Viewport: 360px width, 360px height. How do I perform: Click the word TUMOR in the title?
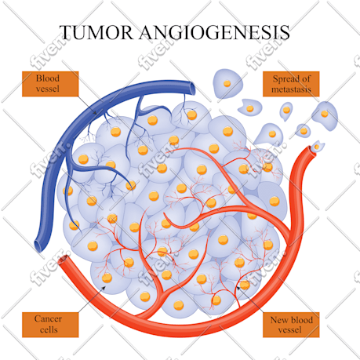click(96, 32)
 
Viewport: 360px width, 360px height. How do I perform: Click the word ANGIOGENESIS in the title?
click(214, 32)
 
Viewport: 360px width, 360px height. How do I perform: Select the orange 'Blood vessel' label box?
click(50, 84)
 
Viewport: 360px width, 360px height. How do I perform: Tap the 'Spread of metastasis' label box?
click(291, 84)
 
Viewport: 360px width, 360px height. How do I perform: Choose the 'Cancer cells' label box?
click(50, 325)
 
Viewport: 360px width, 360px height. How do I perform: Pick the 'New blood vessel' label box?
click(291, 325)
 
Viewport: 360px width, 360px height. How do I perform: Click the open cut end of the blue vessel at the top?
click(193, 89)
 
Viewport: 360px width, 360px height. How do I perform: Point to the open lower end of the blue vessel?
click(38, 246)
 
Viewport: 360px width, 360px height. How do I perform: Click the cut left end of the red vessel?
click(64, 260)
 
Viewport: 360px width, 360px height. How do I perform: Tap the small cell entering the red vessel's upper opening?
click(317, 147)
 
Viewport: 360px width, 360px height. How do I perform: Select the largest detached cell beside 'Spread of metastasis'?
click(227, 84)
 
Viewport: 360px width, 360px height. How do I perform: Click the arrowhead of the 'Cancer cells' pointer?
click(104, 288)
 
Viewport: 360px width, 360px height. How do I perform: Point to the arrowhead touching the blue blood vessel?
click(95, 112)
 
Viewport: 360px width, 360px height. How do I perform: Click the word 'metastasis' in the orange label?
click(291, 89)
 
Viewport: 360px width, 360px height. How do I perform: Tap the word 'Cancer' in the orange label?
click(48, 319)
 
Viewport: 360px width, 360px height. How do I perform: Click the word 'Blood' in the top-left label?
click(48, 78)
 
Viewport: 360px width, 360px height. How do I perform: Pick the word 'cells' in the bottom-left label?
click(49, 329)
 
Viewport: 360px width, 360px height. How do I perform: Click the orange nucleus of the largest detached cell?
click(227, 83)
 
